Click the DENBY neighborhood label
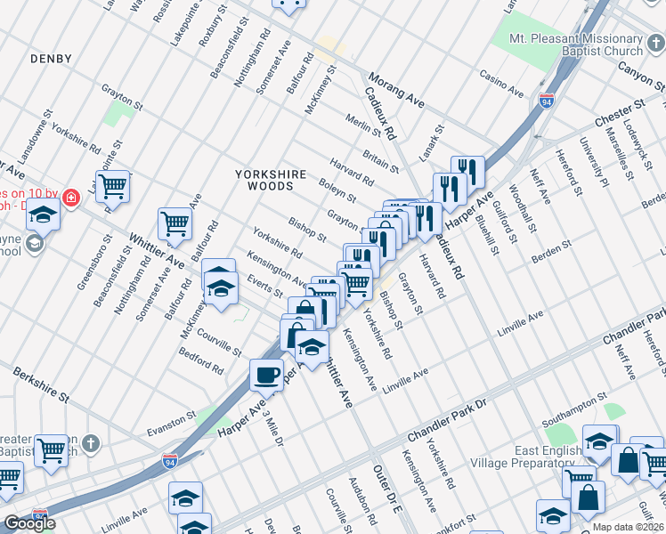pyautogui.click(x=50, y=58)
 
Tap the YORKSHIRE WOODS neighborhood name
pyautogui.click(x=271, y=180)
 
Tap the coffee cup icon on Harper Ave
pyautogui.click(x=266, y=375)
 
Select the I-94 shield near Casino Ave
pyautogui.click(x=545, y=102)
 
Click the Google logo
pyautogui.click(x=29, y=523)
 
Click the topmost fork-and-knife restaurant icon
pyautogui.click(x=467, y=171)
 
